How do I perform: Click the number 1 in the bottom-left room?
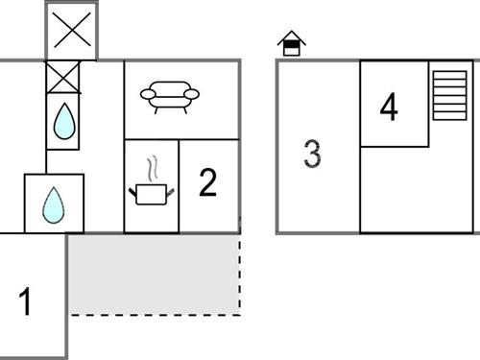[x=26, y=302]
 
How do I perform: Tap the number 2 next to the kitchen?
[x=208, y=182]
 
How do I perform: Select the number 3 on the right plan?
[x=312, y=154]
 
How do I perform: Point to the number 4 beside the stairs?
[x=388, y=107]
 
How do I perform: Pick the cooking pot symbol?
[x=151, y=194]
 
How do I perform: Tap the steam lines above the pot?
[x=150, y=170]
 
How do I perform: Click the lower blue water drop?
[x=54, y=204]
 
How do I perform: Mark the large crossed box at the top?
[x=72, y=31]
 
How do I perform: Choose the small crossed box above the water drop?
[x=64, y=77]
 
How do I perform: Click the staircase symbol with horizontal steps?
[x=449, y=95]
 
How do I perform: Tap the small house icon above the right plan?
[x=291, y=43]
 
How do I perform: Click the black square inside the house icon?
[x=291, y=48]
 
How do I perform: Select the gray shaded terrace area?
[x=154, y=274]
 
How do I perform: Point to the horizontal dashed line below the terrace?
[x=154, y=315]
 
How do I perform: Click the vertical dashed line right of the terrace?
[x=240, y=274]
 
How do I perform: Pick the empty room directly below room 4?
[x=417, y=189]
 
